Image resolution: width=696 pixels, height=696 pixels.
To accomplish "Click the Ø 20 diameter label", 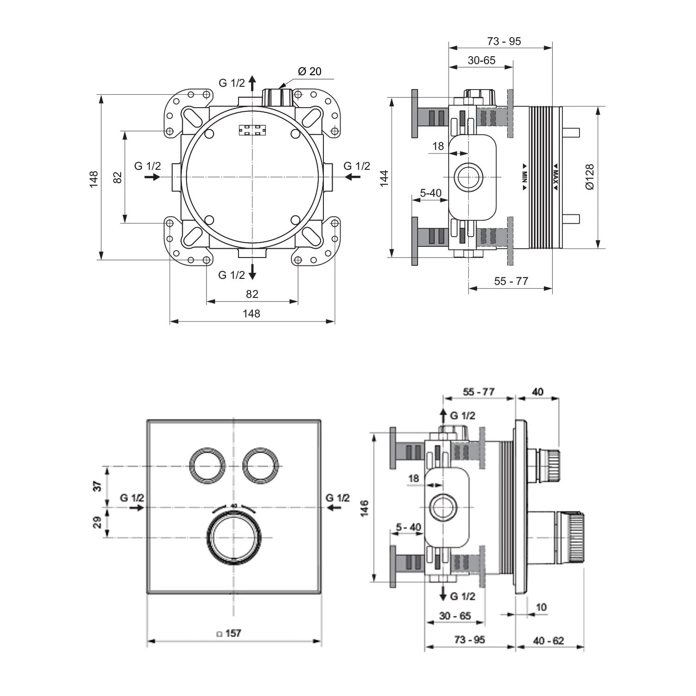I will [309, 71].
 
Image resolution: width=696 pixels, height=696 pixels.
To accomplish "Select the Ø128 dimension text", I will [589, 177].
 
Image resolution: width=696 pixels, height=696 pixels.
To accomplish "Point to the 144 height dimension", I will [384, 178].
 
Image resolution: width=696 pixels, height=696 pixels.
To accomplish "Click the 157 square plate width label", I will [229, 633].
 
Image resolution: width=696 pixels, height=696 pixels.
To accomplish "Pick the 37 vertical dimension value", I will [97, 486].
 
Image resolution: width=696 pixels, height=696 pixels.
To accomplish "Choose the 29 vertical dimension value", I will [97, 522].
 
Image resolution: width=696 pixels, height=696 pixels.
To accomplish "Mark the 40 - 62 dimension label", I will [548, 640].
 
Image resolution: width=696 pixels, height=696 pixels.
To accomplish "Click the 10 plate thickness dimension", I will [541, 607].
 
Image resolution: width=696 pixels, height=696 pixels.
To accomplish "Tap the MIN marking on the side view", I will [524, 177].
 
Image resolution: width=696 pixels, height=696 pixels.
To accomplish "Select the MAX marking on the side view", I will [555, 177].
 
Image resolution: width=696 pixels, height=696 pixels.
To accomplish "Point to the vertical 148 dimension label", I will [94, 179].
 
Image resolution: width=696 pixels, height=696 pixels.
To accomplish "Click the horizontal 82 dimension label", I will [252, 294].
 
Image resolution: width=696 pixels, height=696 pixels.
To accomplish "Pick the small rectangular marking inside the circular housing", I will [252, 130].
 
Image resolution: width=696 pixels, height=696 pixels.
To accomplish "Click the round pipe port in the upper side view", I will [468, 177].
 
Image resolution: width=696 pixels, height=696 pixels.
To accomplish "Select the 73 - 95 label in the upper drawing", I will [504, 41].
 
